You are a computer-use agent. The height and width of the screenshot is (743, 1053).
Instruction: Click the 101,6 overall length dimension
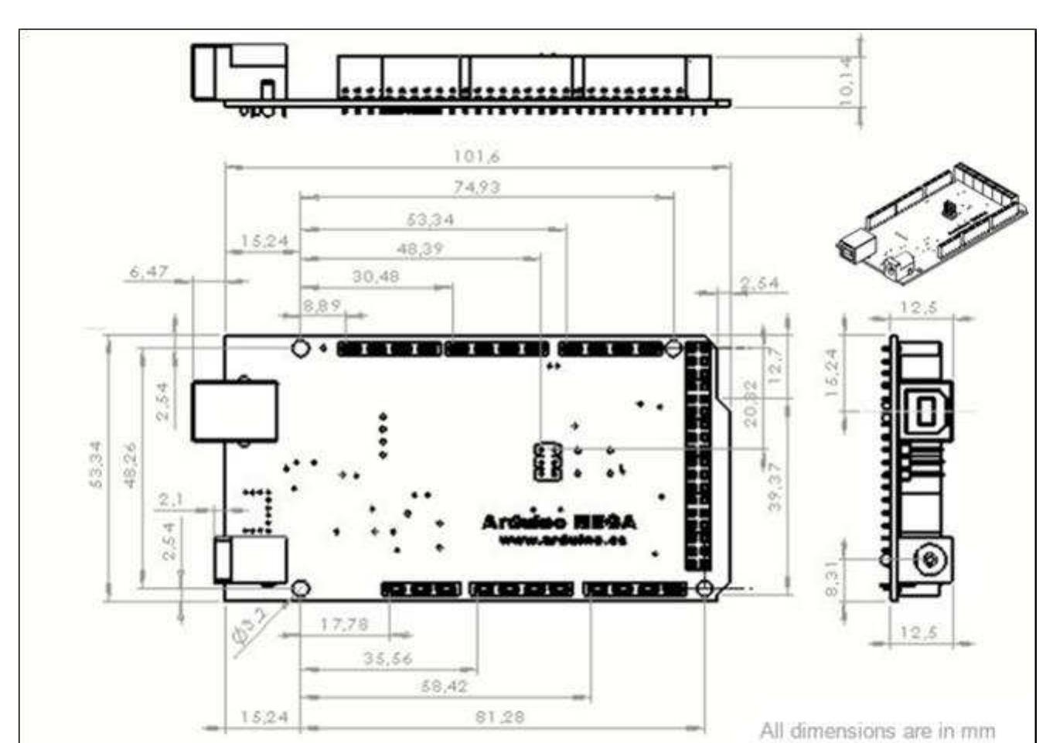click(x=476, y=156)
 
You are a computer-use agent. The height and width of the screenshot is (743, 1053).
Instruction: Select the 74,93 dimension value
click(x=477, y=187)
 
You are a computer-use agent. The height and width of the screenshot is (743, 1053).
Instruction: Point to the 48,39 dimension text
click(x=420, y=249)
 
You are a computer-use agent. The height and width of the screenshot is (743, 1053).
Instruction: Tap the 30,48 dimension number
click(x=376, y=276)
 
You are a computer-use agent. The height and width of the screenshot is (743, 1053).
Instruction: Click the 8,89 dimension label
click(x=322, y=305)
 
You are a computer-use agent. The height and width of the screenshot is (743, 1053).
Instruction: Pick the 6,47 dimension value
click(x=148, y=271)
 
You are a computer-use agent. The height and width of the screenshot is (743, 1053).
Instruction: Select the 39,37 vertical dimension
click(x=775, y=486)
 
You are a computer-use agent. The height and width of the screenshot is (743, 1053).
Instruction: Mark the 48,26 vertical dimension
click(x=129, y=465)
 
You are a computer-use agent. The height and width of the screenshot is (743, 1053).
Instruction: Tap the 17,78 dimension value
click(x=344, y=624)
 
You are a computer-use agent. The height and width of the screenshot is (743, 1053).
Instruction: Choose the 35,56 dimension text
click(x=388, y=659)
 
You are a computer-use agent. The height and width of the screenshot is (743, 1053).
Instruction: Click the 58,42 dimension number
click(x=444, y=686)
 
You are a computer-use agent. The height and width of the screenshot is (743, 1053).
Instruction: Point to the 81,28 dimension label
click(x=499, y=717)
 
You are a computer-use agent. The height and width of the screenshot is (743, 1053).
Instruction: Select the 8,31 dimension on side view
click(x=832, y=578)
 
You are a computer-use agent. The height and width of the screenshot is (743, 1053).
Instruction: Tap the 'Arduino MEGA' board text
click(x=558, y=523)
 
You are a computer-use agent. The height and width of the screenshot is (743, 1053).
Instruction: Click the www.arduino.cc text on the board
click(x=562, y=540)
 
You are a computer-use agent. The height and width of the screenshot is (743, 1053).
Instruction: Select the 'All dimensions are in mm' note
click(x=877, y=731)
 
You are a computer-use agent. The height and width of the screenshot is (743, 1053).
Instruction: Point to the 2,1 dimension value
click(x=171, y=499)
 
